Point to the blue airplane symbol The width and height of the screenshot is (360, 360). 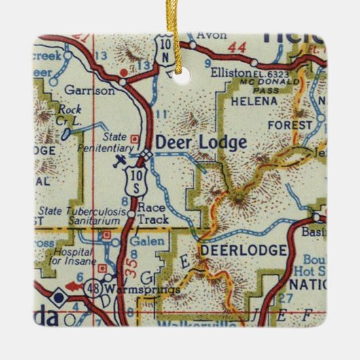121,160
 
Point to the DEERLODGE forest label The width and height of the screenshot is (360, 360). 242,251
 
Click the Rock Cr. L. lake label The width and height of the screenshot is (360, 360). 69,114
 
